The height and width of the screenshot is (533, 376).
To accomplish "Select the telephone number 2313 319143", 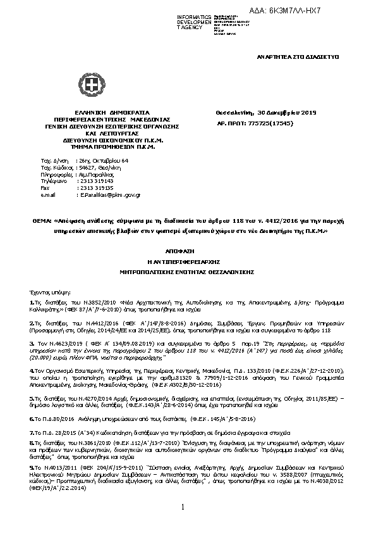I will click(x=95, y=181).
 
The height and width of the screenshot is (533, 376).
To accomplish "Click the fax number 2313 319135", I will click(x=95, y=188).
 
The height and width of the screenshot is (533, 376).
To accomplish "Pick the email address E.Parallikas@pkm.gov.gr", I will click(x=110, y=196).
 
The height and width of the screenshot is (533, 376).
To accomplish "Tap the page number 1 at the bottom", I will click(x=182, y=506).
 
